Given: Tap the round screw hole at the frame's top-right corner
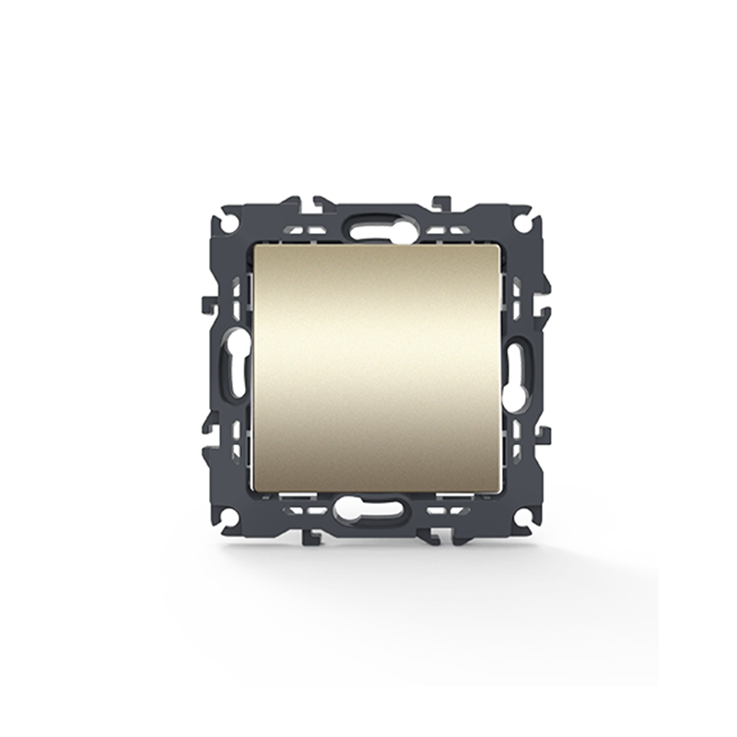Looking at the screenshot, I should click(522, 222).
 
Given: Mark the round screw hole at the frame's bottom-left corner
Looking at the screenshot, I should click(229, 515).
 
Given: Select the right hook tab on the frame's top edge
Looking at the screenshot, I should click(441, 202).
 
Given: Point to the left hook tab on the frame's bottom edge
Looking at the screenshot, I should click(314, 534).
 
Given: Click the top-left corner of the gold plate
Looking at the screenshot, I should click(254, 247).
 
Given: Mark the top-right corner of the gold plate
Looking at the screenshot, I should click(500, 247).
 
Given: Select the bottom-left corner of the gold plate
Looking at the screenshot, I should click(254, 491).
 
